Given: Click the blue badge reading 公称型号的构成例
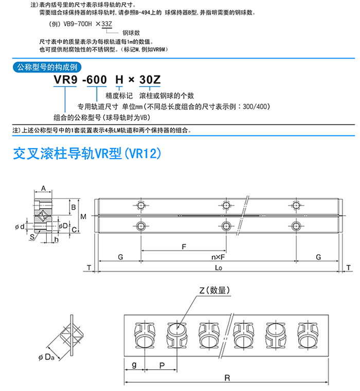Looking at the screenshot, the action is pyautogui.click(x=47, y=67).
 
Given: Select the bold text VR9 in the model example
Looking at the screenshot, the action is pyautogui.click(x=65, y=80).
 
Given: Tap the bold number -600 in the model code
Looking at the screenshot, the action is pyautogui.click(x=95, y=80).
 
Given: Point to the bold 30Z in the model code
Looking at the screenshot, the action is pyautogui.click(x=150, y=80).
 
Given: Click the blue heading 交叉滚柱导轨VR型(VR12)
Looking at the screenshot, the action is pyautogui.click(x=87, y=153).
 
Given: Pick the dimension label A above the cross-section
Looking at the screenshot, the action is pyautogui.click(x=43, y=188).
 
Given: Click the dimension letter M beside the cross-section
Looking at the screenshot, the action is pyautogui.click(x=83, y=216).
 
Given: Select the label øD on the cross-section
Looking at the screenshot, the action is pyautogui.click(x=63, y=226).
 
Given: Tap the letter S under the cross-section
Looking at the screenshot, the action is pyautogui.click(x=32, y=237).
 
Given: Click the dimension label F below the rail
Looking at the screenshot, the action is pyautogui.click(x=184, y=247).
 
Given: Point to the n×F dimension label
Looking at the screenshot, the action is pyautogui.click(x=218, y=257).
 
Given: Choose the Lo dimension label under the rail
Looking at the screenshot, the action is pyautogui.click(x=219, y=268).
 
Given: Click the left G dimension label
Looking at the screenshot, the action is pyautogui.click(x=120, y=257).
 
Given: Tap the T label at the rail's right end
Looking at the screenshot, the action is pyautogui.click(x=349, y=268).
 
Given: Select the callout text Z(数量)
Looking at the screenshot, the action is pyautogui.click(x=214, y=290).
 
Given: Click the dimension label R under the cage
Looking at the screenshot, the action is pyautogui.click(x=227, y=378).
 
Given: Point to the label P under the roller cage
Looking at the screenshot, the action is pyautogui.click(x=162, y=365).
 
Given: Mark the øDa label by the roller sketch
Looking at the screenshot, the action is pyautogui.click(x=46, y=357).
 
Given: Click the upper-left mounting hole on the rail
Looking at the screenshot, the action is pyautogui.click(x=141, y=206).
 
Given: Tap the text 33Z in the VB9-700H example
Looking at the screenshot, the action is pyautogui.click(x=106, y=24).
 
